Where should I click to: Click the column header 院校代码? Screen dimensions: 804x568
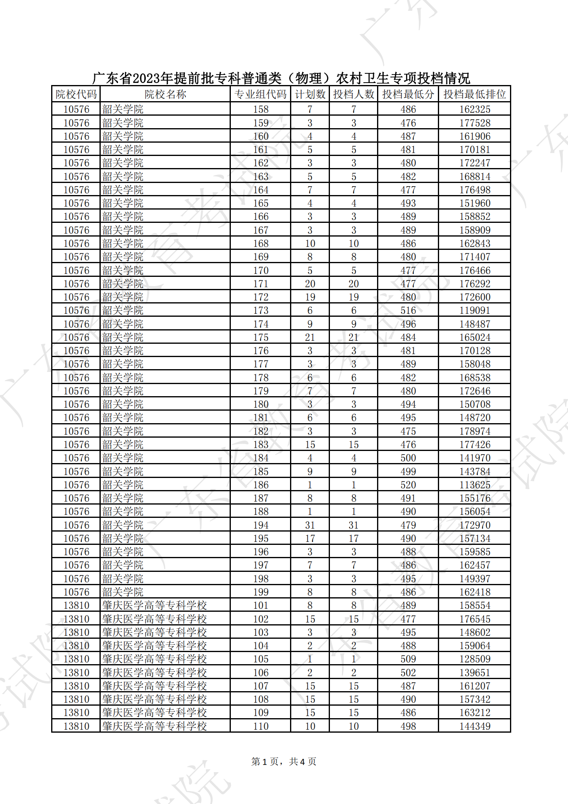(x=76, y=94)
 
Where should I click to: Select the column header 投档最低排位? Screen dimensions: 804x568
(x=474, y=94)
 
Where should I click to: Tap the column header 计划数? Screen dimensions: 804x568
(x=310, y=94)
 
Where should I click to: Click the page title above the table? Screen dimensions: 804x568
(x=281, y=78)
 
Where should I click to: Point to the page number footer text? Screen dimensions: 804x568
(x=284, y=761)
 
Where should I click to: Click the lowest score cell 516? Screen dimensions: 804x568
(x=408, y=310)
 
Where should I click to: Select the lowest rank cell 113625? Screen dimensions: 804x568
(x=475, y=485)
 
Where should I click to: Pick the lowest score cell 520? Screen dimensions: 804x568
(x=408, y=485)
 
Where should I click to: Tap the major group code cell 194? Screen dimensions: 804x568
(x=261, y=525)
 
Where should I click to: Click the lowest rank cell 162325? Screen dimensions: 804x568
(x=475, y=109)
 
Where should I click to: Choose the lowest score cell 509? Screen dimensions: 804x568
(x=408, y=659)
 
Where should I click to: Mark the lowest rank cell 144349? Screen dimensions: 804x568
(x=475, y=726)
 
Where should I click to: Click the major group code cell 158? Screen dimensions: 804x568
(x=261, y=109)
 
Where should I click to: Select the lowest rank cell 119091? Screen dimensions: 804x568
(x=475, y=310)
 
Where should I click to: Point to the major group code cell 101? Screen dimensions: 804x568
(x=261, y=605)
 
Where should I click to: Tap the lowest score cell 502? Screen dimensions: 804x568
(x=408, y=673)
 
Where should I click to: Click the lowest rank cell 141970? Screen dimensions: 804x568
(x=475, y=458)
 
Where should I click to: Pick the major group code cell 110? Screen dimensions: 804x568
(x=261, y=726)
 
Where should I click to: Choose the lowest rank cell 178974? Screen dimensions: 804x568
(x=475, y=431)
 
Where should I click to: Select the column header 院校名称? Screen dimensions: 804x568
(x=165, y=94)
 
